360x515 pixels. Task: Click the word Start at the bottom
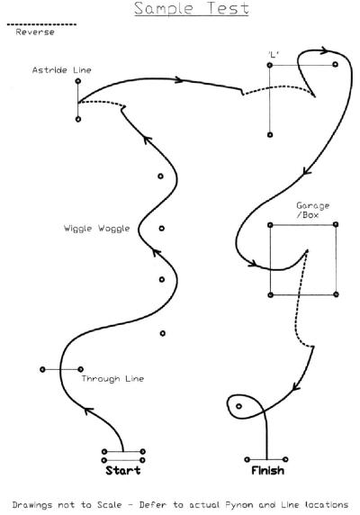[123, 470]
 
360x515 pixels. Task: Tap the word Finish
[268, 471]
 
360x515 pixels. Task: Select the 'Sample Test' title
[192, 8]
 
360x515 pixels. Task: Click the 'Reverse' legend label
[35, 32]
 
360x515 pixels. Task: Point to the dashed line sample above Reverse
[41, 24]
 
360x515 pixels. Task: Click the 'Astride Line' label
[62, 70]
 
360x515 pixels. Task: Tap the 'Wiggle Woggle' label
[97, 229]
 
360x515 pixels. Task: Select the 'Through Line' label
[112, 379]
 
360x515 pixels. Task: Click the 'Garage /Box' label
[312, 210]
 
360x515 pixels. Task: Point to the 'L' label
[273, 54]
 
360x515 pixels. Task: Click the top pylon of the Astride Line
[78, 81]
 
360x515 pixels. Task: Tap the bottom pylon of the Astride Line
[78, 119]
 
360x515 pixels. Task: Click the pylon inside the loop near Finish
[238, 406]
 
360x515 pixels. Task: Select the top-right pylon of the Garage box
[336, 224]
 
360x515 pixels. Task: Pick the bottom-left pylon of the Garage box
[270, 295]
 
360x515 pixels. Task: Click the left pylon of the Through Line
[42, 369]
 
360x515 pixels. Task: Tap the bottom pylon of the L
[270, 135]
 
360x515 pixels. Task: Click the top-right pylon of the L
[335, 65]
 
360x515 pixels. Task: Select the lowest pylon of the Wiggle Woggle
[163, 333]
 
